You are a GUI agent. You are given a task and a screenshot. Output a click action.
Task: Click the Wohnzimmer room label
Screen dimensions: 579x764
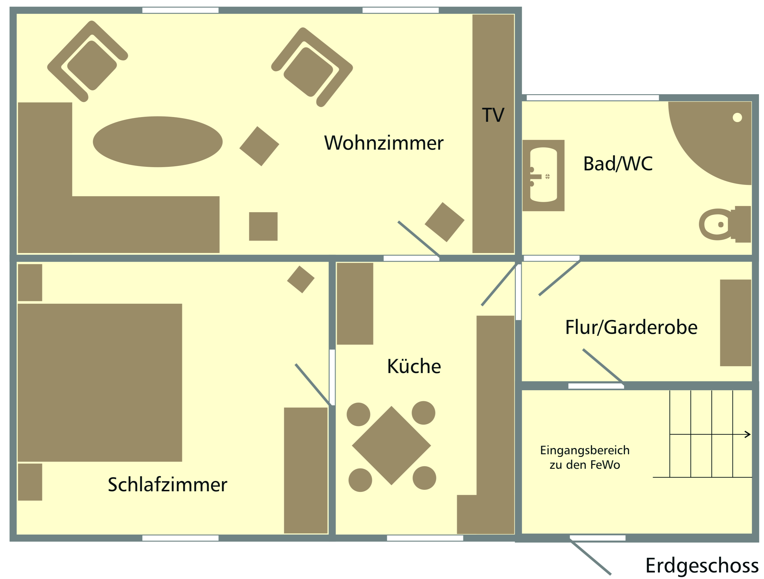click(x=383, y=143)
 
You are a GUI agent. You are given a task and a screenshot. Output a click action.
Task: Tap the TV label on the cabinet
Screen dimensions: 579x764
click(x=493, y=115)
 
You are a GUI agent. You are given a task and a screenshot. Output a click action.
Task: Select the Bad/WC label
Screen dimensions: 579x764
click(x=617, y=164)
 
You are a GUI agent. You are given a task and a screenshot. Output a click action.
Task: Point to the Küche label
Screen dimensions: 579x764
click(x=414, y=367)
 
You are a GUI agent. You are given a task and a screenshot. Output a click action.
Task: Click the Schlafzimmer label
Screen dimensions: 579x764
click(x=167, y=485)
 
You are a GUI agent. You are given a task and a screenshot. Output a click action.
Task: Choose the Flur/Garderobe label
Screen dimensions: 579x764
click(x=631, y=327)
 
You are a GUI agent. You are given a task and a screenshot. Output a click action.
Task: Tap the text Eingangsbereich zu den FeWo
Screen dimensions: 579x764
click(x=584, y=457)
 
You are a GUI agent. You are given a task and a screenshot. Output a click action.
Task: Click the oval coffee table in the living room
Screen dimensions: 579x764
click(x=157, y=142)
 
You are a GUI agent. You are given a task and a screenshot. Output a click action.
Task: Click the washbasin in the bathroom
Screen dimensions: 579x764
click(x=543, y=175)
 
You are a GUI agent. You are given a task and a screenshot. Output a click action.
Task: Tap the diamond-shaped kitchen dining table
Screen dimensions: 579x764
click(x=391, y=446)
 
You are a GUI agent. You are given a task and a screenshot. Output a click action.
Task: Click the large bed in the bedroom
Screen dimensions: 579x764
click(x=100, y=383)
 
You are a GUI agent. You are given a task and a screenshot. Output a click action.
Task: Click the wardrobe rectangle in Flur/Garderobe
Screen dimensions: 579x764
click(x=735, y=323)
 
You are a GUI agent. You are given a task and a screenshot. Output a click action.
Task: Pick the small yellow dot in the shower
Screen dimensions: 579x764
click(x=737, y=118)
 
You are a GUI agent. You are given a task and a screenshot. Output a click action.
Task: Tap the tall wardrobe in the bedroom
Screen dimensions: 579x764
click(x=306, y=471)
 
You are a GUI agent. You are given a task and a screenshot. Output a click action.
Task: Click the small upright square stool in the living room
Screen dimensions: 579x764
click(x=263, y=226)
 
